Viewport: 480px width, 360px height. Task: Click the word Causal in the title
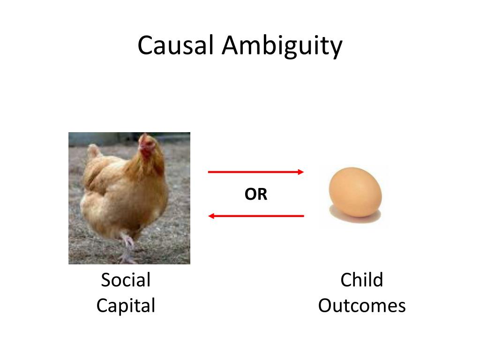tap(176, 46)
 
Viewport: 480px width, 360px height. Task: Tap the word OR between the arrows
tap(256, 194)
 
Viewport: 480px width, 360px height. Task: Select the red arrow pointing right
tap(256, 172)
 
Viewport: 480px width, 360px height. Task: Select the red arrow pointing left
tap(256, 216)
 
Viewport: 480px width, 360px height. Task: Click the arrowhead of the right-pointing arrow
tap(301, 172)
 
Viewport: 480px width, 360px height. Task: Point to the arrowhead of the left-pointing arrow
tap(211, 216)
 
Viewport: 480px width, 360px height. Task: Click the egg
tap(355, 193)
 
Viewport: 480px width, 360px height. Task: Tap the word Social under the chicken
tap(126, 280)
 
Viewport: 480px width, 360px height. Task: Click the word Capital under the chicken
tap(126, 306)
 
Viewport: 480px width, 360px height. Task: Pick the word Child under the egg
tap(361, 280)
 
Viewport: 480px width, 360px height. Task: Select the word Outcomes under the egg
tap(361, 306)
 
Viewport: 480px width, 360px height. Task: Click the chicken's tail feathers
tap(94, 152)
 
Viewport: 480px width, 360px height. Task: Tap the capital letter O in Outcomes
tap(326, 306)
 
